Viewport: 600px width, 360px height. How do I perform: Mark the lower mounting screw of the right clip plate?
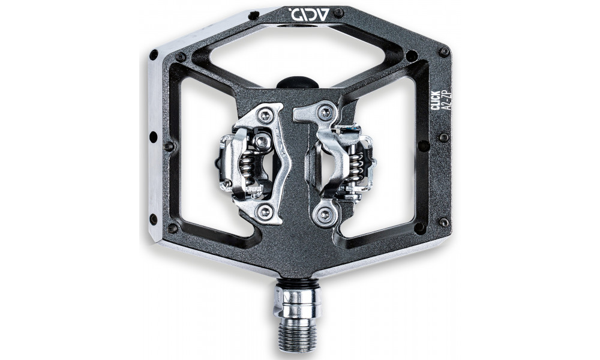click(325, 215)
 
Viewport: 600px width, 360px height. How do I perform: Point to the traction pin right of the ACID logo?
click(339, 13)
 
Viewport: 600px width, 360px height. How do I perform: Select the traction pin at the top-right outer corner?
click(444, 52)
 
